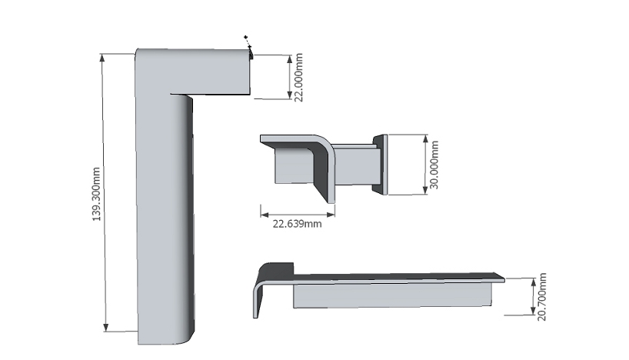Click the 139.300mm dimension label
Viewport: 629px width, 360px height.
[96, 195]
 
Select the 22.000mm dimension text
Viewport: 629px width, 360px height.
[298, 78]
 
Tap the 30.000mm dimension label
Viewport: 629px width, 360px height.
[434, 165]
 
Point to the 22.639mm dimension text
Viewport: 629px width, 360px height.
[298, 224]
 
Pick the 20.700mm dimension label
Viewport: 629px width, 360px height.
[541, 297]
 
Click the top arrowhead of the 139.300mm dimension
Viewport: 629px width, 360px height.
[102, 58]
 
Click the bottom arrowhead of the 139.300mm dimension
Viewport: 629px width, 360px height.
[106, 328]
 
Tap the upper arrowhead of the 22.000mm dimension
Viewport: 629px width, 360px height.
[290, 59]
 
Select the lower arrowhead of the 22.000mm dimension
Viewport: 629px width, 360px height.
[290, 95]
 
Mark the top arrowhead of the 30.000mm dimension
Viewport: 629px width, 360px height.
[426, 139]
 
